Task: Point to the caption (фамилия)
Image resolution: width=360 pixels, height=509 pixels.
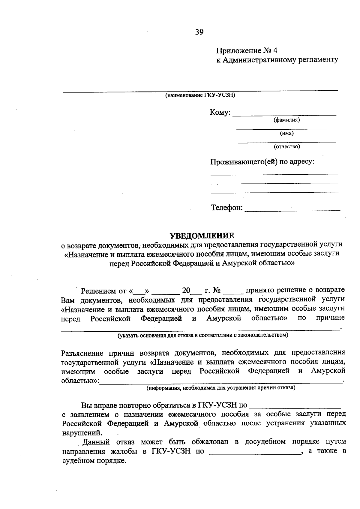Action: [x=286, y=120]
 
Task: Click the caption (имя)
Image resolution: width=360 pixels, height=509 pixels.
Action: [x=286, y=133]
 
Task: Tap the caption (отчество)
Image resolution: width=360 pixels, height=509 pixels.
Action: [x=286, y=146]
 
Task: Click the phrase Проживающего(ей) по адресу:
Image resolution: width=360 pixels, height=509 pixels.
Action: [x=262, y=162]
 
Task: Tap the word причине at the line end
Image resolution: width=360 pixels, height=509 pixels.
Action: [x=330, y=318]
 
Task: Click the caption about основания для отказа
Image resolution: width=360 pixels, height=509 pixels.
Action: [x=203, y=335]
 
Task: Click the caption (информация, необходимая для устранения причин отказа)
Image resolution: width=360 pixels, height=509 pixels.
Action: [x=220, y=388]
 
